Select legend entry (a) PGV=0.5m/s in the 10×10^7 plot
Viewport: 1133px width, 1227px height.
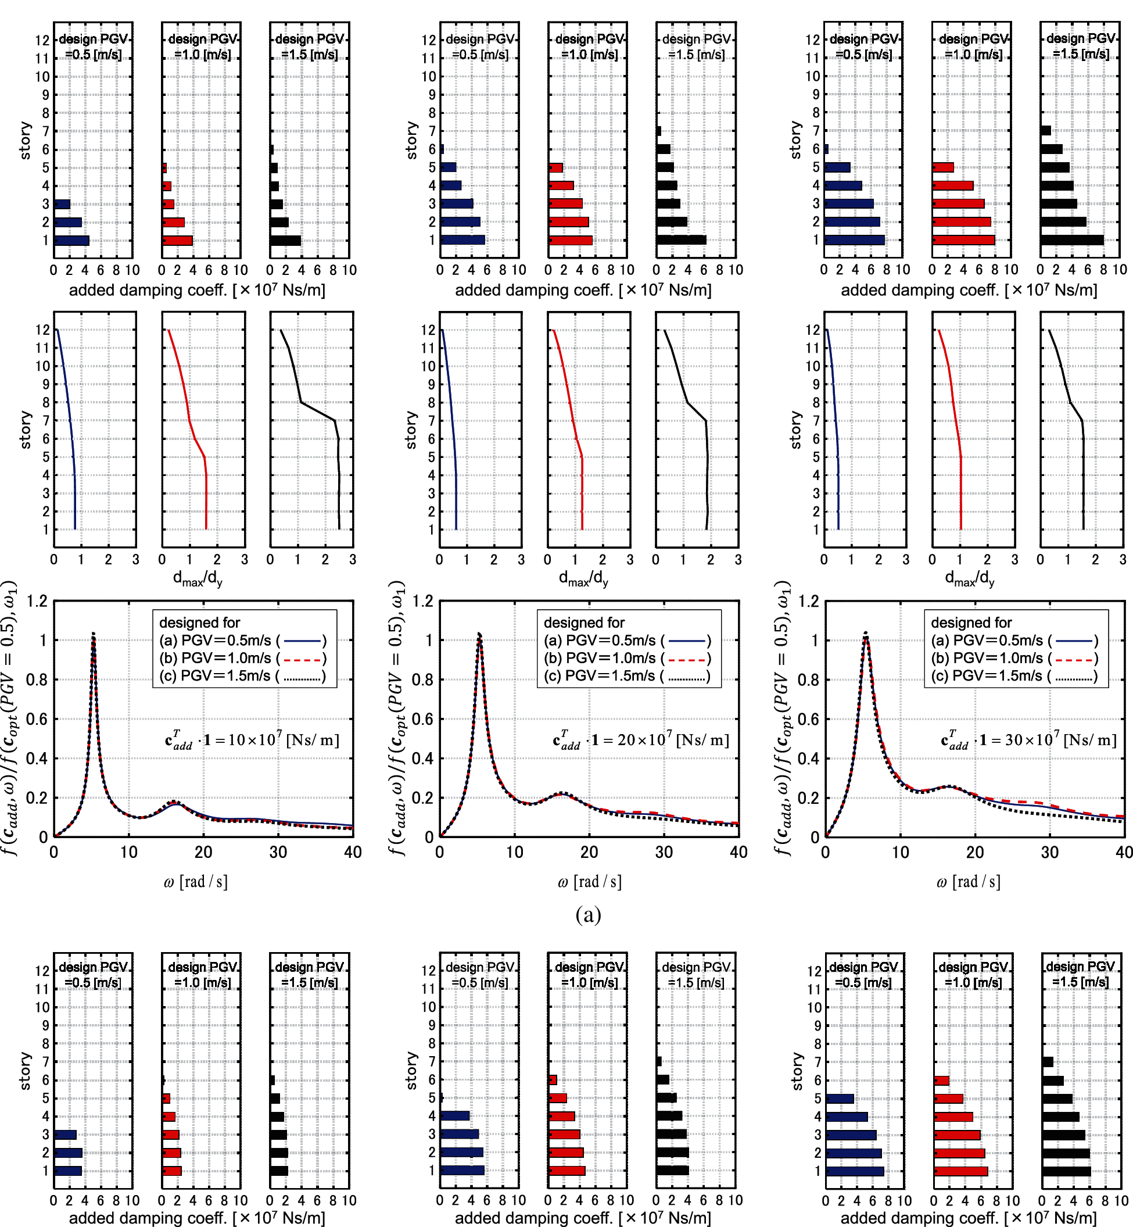(x=242, y=641)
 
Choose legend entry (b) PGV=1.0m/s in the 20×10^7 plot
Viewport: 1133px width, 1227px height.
(x=626, y=659)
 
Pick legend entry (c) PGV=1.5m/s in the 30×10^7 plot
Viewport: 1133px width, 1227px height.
(x=1013, y=676)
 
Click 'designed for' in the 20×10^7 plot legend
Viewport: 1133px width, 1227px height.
(x=584, y=623)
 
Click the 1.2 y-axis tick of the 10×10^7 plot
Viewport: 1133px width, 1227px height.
(x=37, y=601)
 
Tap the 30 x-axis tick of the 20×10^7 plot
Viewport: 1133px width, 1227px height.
(x=664, y=852)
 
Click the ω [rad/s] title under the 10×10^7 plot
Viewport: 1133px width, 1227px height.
(x=196, y=882)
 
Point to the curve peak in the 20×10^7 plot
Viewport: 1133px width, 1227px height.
(x=479, y=634)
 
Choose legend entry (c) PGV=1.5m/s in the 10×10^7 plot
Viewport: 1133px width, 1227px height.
(x=242, y=676)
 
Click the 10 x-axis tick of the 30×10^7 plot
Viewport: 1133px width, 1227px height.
(x=900, y=852)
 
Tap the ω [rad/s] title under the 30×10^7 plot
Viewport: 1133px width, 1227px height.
(x=968, y=882)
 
